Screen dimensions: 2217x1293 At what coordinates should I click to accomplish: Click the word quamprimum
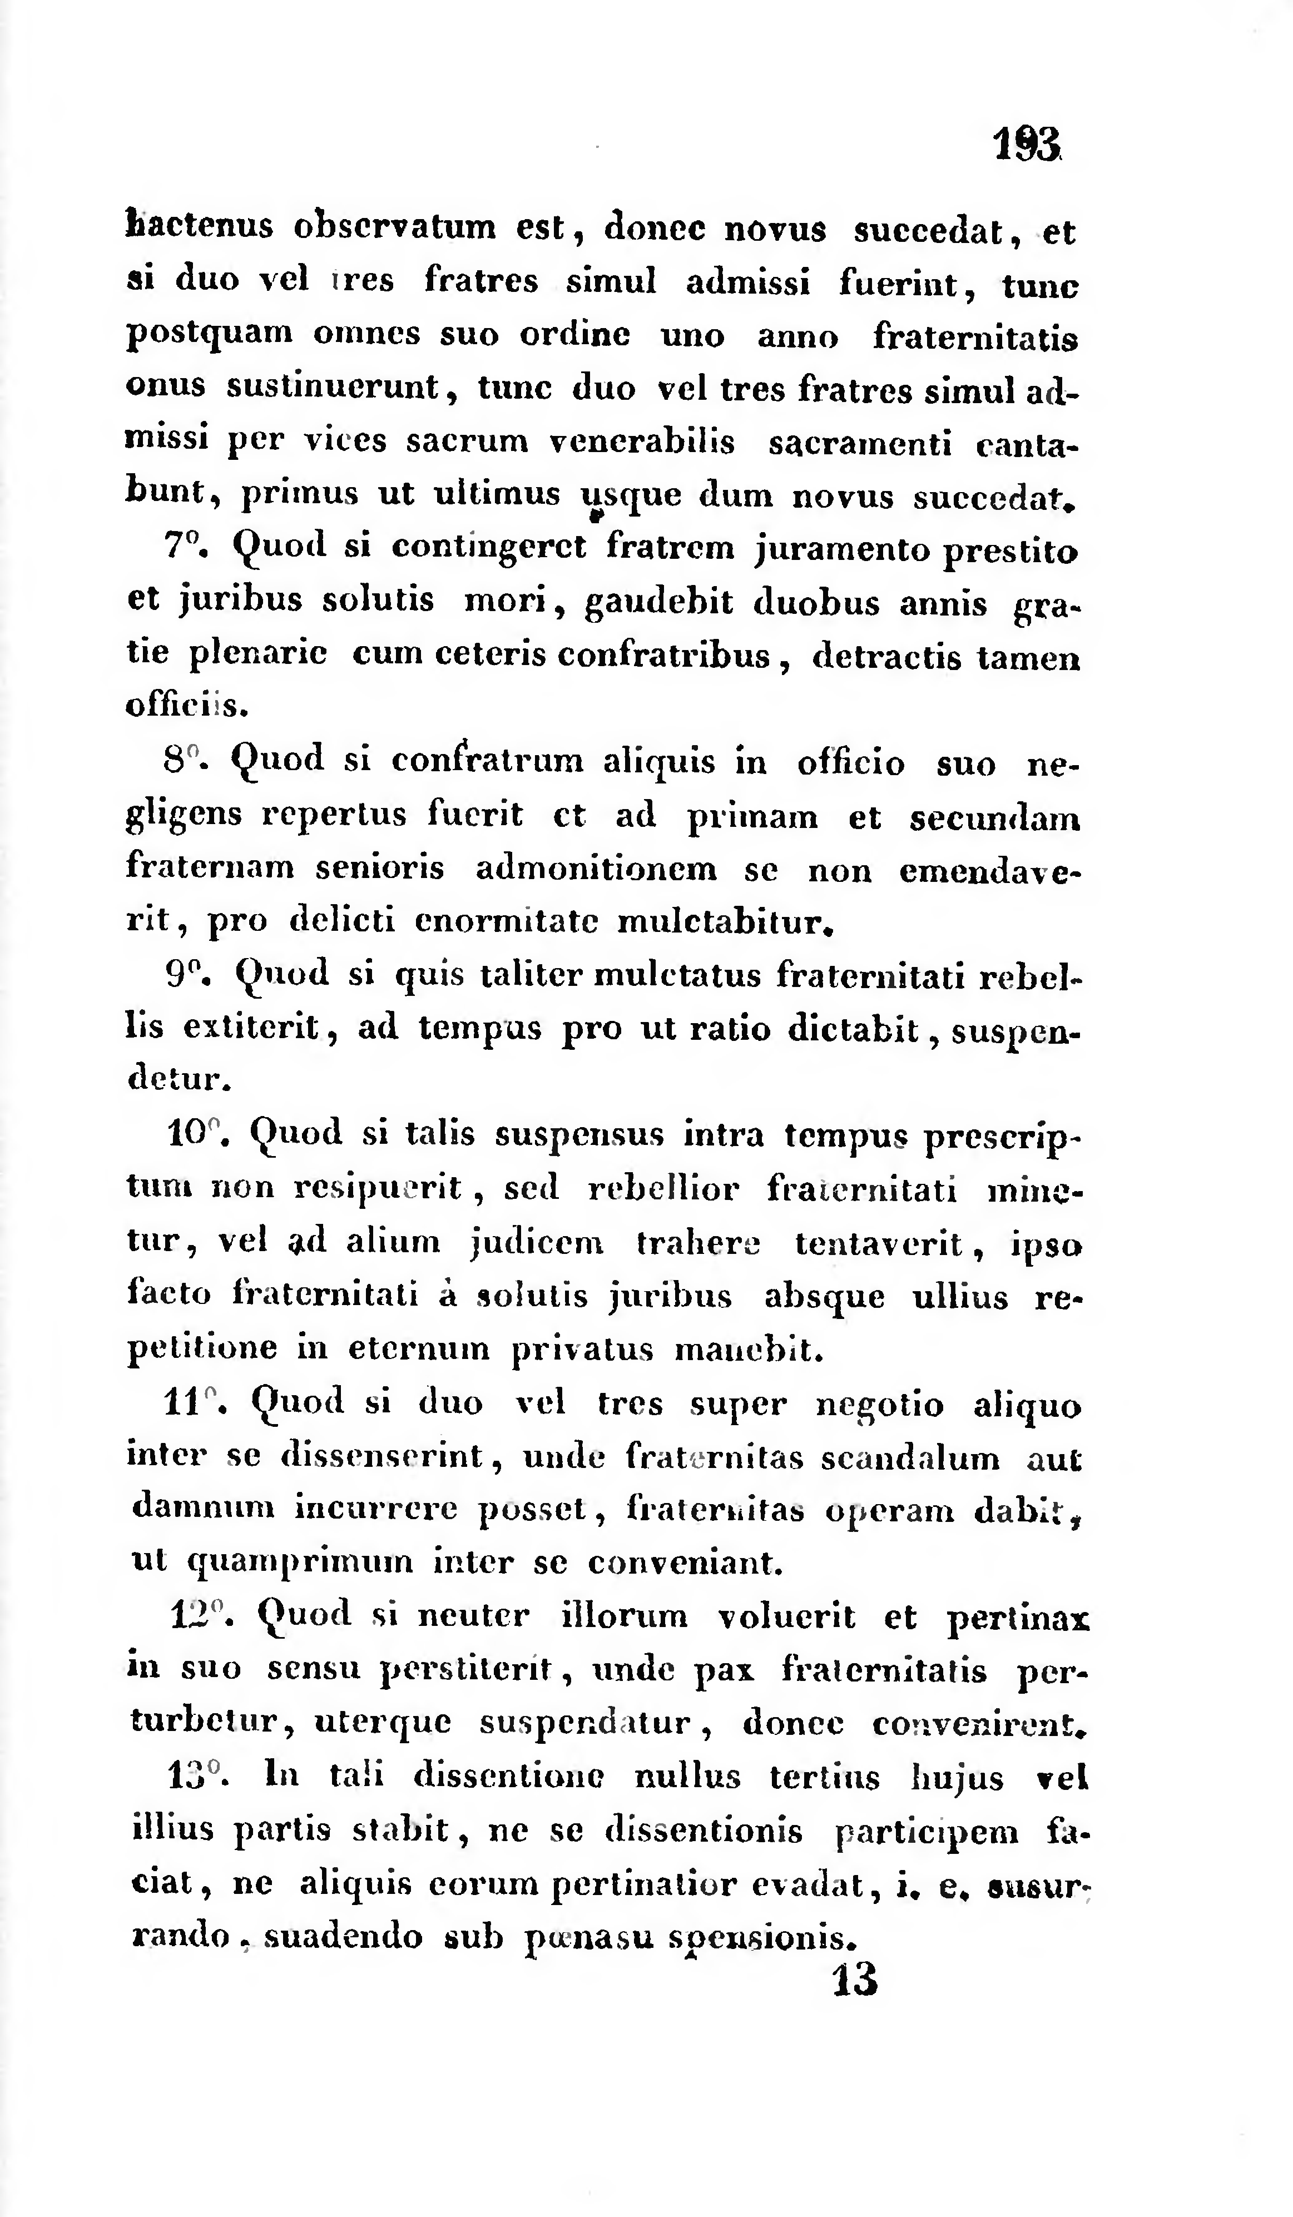300,1563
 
